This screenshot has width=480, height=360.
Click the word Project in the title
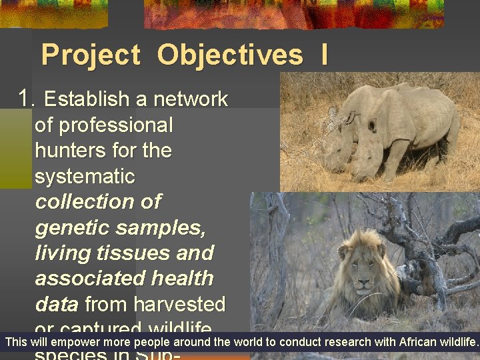pos(91,55)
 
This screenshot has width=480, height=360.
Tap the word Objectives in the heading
pos(229,55)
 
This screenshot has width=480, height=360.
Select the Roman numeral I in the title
pos(324,55)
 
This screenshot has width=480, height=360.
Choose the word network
pos(191,100)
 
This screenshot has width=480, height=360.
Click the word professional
pos(104,125)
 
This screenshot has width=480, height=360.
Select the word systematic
pos(85,177)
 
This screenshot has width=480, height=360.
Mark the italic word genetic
pos(73,228)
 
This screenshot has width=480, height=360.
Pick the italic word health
pos(182,279)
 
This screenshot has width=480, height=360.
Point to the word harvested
pos(179,305)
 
